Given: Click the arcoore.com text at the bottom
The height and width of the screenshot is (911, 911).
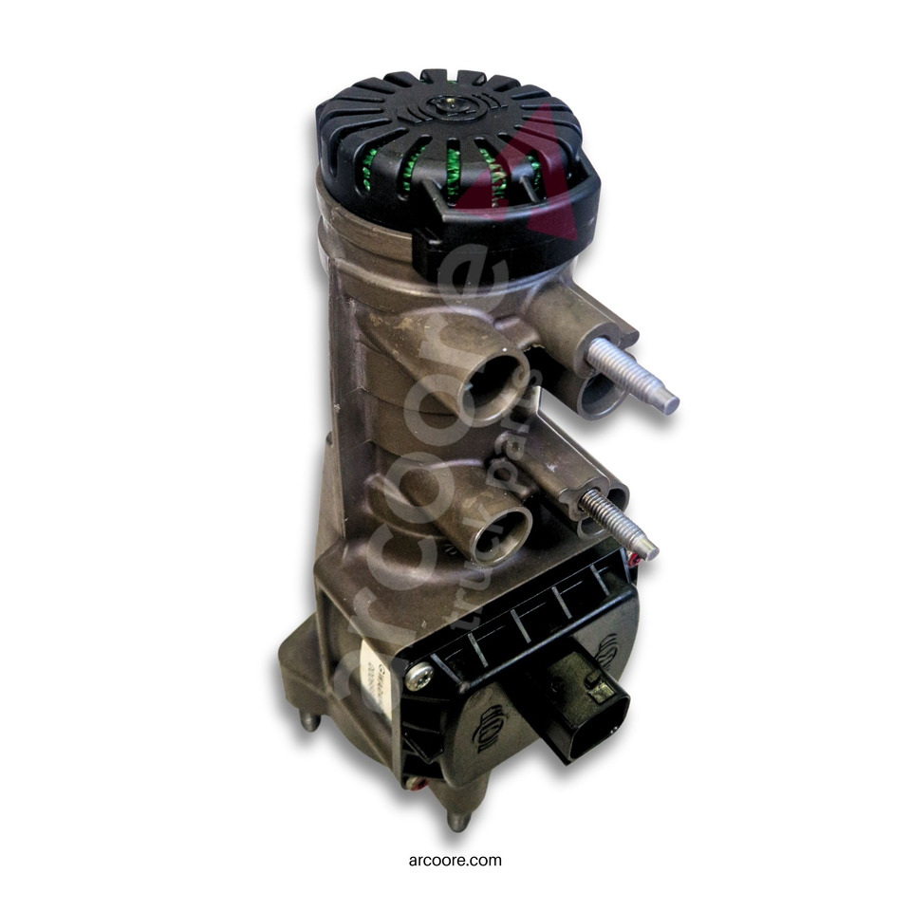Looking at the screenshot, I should (455, 861).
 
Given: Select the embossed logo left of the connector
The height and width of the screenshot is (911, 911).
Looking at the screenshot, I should (495, 727).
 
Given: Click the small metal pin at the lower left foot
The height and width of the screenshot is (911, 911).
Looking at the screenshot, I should (309, 720).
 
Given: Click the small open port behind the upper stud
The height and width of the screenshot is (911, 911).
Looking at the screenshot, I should (602, 397).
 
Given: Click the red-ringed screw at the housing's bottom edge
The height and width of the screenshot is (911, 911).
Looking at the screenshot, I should (415, 783).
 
